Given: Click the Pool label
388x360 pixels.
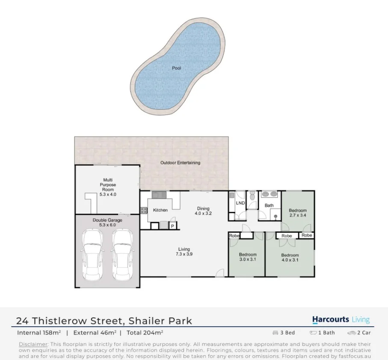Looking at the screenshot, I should tap(176, 68).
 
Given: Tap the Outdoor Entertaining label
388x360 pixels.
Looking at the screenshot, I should tap(180, 163).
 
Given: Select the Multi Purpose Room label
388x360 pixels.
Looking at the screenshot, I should tap(108, 187).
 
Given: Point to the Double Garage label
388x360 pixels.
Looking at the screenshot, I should tap(107, 223).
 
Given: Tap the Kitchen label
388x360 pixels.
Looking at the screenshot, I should tap(160, 210).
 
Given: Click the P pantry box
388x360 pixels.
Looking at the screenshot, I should tap(172, 226).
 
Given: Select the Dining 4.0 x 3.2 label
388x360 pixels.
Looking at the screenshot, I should tap(203, 211).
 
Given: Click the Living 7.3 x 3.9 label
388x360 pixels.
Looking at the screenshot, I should tap(184, 252).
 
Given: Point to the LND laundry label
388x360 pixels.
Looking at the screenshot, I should tap(240, 203).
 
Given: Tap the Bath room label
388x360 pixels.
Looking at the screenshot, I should tap(269, 205).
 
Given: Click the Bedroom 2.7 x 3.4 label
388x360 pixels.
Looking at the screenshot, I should tap(297, 213).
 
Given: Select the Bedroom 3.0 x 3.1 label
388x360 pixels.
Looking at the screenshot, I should tap(248, 257).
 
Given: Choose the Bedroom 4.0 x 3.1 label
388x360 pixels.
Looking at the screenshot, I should tap(290, 258).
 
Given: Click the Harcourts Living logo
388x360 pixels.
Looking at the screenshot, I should tap(341, 320).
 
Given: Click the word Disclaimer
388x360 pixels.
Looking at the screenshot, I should tap(33, 344).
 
